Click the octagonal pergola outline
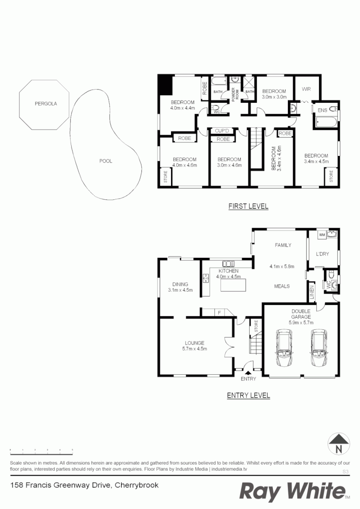pos(44,104)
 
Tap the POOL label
pos(106,161)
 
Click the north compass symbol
pos(338,444)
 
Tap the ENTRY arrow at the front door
pos(248,373)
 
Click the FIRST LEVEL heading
pos(248,206)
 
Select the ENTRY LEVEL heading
pos(248,395)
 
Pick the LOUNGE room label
pos(194,343)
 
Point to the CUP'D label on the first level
pos(222,131)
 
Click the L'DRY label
pos(322,254)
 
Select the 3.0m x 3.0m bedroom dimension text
pos(274,97)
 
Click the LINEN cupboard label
pos(311,292)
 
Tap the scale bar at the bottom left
pos(41,451)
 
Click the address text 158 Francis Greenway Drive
pos(84,485)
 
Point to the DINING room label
pos(180,284)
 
